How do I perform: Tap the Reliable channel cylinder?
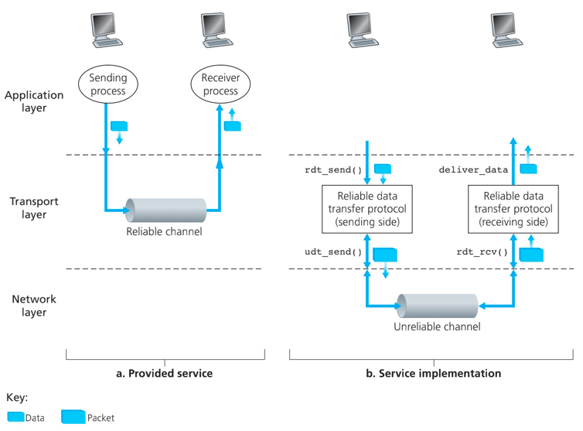[x=166, y=209]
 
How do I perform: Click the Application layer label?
[x=33, y=101]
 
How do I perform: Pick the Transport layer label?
[x=33, y=207]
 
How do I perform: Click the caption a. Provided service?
[x=163, y=373]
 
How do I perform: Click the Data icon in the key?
[x=15, y=417]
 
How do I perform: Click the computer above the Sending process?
[x=107, y=32]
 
